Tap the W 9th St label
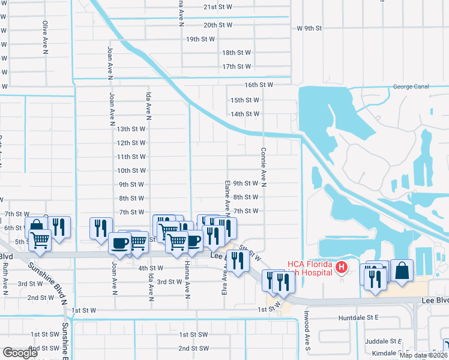310,28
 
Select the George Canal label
411,86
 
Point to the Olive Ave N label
45,38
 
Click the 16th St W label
259,85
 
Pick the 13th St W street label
131,129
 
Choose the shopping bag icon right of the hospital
401,271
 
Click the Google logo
20,353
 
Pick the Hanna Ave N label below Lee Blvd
187,280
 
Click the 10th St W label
132,170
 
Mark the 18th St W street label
236,53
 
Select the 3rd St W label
169,281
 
